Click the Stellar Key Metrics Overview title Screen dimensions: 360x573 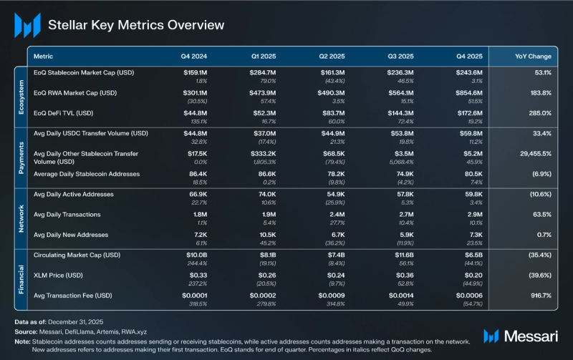coord(135,25)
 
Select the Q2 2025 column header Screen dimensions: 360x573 coord(332,56)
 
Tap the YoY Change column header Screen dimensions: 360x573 coord(533,56)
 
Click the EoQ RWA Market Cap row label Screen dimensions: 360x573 coord(75,92)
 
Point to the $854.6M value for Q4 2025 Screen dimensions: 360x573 coord(469,92)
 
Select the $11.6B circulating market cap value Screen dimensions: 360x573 coord(400,255)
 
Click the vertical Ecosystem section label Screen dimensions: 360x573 coord(21,97)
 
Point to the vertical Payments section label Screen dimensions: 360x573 coord(21,158)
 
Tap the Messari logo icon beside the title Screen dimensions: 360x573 coord(27,26)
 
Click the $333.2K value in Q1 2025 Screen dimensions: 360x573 coord(264,153)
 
